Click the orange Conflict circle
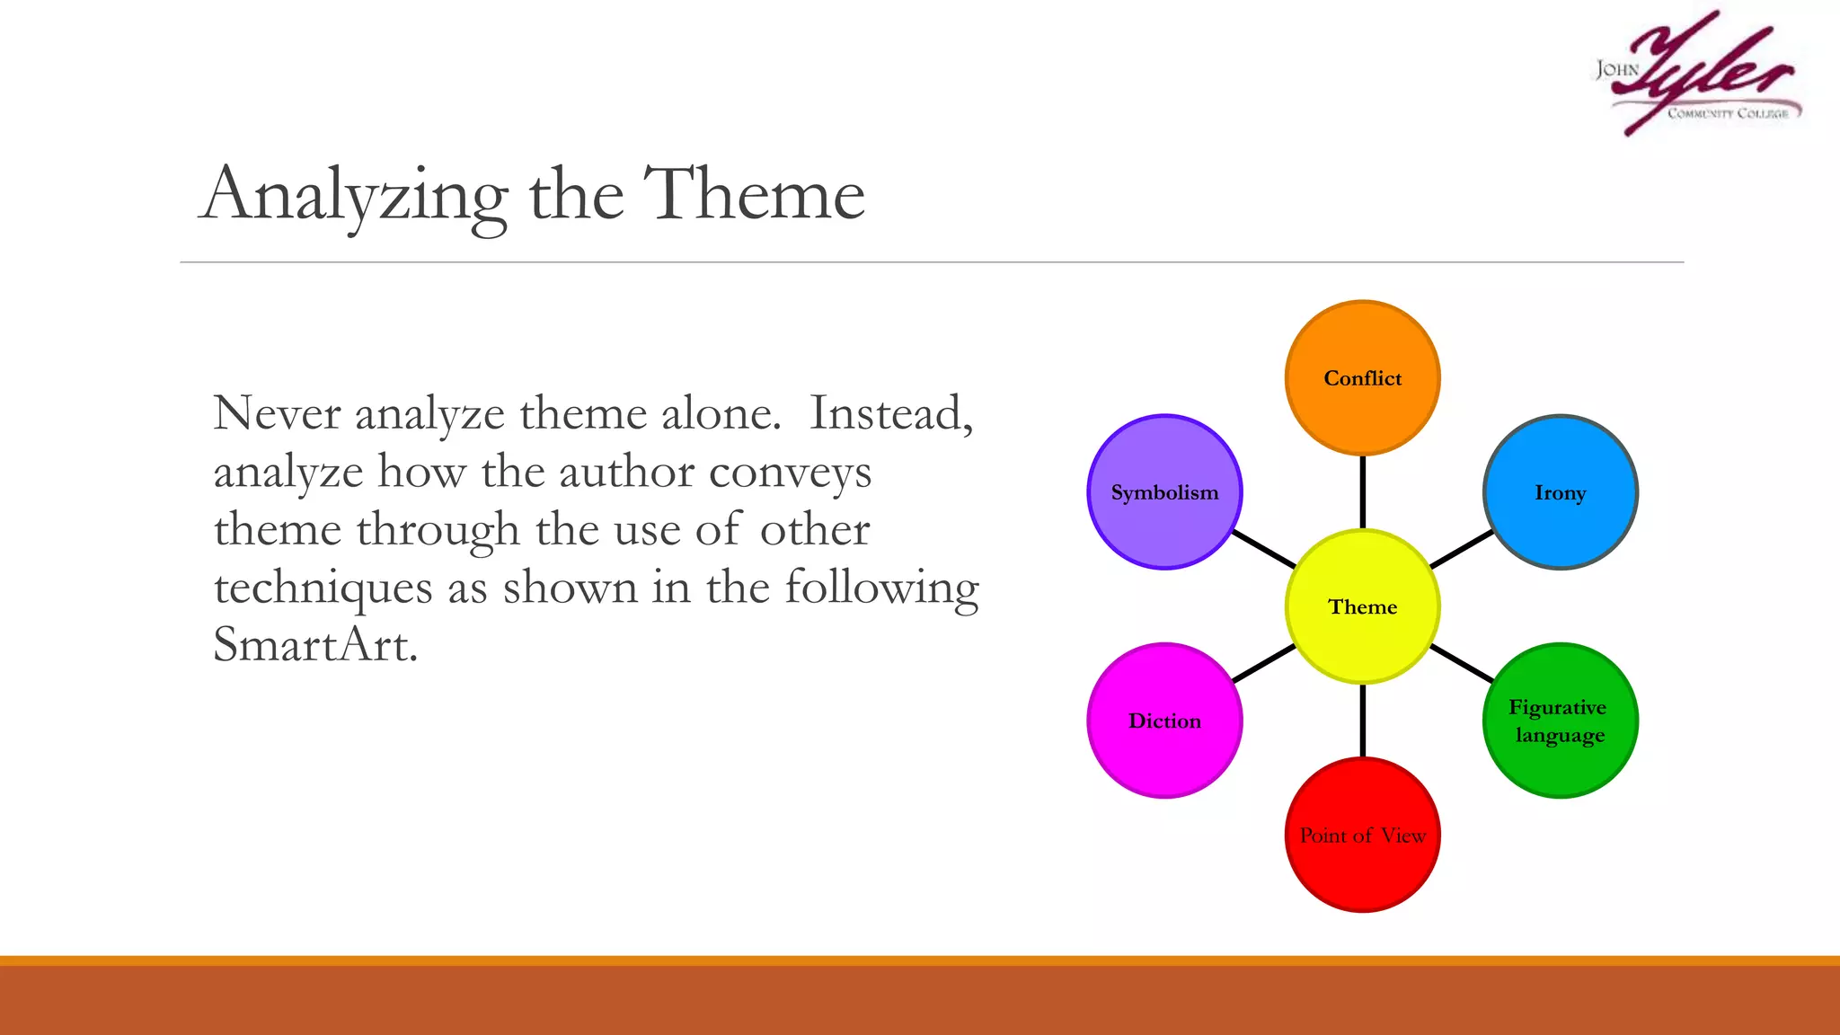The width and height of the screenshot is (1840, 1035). [1362, 377]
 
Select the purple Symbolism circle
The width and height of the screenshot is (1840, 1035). [1164, 491]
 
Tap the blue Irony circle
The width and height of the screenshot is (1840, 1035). [1560, 491]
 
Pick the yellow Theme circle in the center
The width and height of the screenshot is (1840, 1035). [1362, 606]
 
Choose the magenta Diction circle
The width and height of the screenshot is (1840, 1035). [1164, 721]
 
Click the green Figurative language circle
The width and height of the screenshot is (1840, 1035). [1560, 721]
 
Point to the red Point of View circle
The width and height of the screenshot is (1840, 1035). [1362, 835]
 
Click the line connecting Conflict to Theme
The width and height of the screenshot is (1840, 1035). [1362, 492]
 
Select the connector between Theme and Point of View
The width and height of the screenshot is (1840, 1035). [1362, 721]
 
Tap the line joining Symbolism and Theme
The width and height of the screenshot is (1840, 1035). [1263, 549]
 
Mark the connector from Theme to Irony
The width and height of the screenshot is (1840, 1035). [1462, 549]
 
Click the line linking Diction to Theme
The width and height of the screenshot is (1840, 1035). [1263, 664]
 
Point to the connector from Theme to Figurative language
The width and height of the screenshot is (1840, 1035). [1462, 664]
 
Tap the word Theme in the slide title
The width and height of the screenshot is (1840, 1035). [754, 194]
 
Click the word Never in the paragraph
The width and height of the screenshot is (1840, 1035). [277, 414]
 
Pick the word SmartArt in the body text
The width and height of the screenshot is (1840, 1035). [315, 644]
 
